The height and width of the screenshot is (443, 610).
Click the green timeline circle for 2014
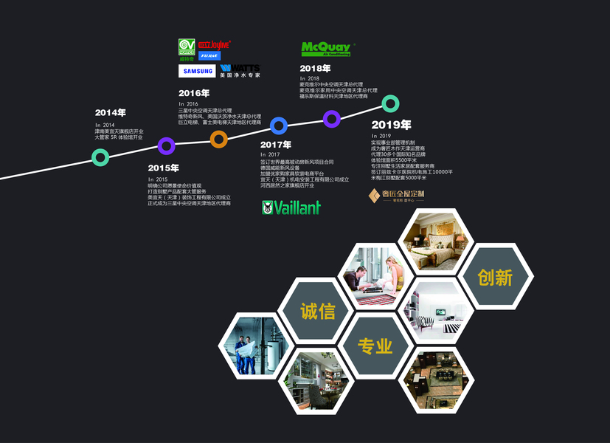click(101, 157)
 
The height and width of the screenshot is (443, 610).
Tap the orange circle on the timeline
click(218, 139)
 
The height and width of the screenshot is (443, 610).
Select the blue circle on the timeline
click(279, 126)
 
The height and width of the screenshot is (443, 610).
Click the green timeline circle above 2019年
click(391, 104)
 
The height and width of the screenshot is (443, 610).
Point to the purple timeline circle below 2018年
click(332, 118)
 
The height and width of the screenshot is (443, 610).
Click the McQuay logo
click(326, 49)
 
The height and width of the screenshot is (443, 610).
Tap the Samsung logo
click(197, 72)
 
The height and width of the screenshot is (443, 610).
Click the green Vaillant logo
click(291, 208)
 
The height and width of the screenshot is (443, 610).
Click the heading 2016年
click(194, 93)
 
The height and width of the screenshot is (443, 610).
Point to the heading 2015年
click(163, 168)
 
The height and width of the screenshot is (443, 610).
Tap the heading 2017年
click(276, 145)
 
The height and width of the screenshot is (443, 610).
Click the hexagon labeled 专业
click(375, 346)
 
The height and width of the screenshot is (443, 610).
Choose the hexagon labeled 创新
click(494, 277)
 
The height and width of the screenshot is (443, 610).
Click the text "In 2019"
click(382, 136)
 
